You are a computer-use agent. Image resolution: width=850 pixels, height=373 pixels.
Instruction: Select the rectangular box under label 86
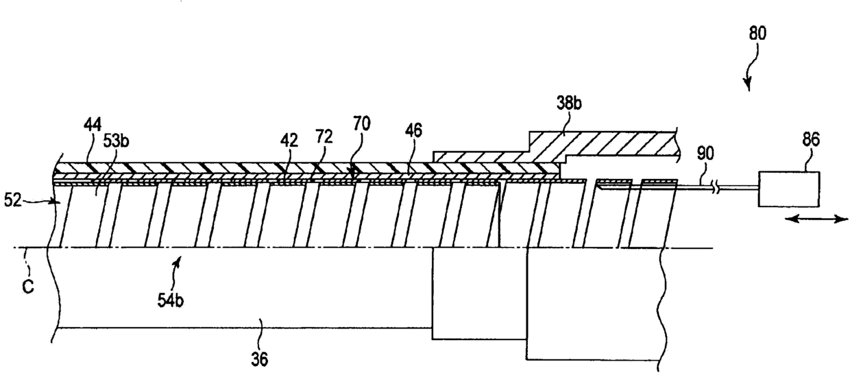788,187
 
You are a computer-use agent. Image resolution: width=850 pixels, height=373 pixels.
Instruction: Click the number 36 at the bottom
260,357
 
